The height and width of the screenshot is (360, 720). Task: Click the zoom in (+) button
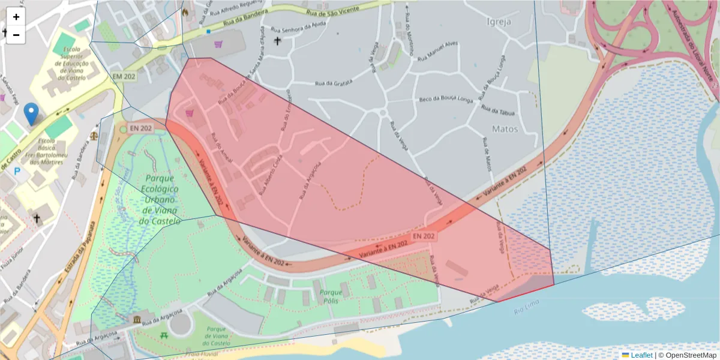[16, 17]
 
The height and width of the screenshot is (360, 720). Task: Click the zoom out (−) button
[16, 35]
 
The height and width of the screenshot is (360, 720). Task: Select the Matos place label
[505, 128]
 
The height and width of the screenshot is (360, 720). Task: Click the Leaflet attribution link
[641, 355]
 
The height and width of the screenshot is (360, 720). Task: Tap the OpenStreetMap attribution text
[687, 355]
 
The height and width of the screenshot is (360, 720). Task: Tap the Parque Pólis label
[331, 296]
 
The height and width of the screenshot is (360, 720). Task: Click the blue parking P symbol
[17, 172]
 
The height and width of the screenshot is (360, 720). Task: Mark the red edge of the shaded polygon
[526, 293]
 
